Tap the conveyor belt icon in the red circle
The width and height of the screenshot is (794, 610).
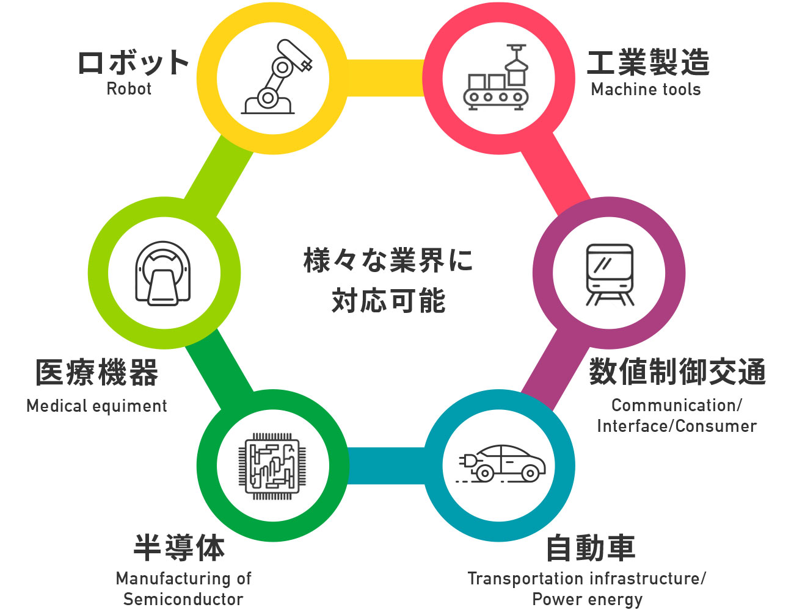[497, 77]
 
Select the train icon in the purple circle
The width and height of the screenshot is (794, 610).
[609, 274]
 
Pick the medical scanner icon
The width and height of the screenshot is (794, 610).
[162, 273]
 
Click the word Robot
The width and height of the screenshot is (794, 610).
[129, 89]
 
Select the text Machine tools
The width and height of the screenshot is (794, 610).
[646, 90]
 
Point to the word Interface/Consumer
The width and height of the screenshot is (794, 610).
[677, 426]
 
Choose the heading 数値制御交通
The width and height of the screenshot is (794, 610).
[677, 371]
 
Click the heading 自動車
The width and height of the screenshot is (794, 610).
[590, 547]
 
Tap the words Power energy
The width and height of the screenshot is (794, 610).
[587, 599]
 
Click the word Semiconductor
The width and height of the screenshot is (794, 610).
[183, 599]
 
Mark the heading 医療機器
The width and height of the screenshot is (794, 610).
[97, 372]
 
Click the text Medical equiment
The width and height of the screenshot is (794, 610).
[97, 406]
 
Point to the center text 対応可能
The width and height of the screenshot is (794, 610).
[388, 301]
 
